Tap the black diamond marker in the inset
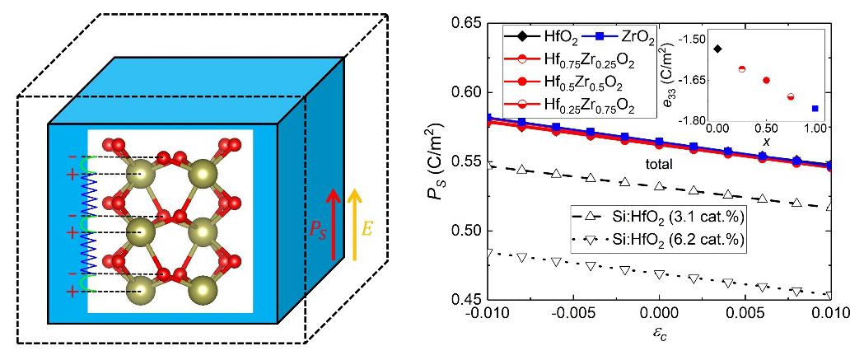[x=717, y=49]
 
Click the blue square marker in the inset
[x=815, y=108]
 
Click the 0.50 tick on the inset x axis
[x=767, y=129]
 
